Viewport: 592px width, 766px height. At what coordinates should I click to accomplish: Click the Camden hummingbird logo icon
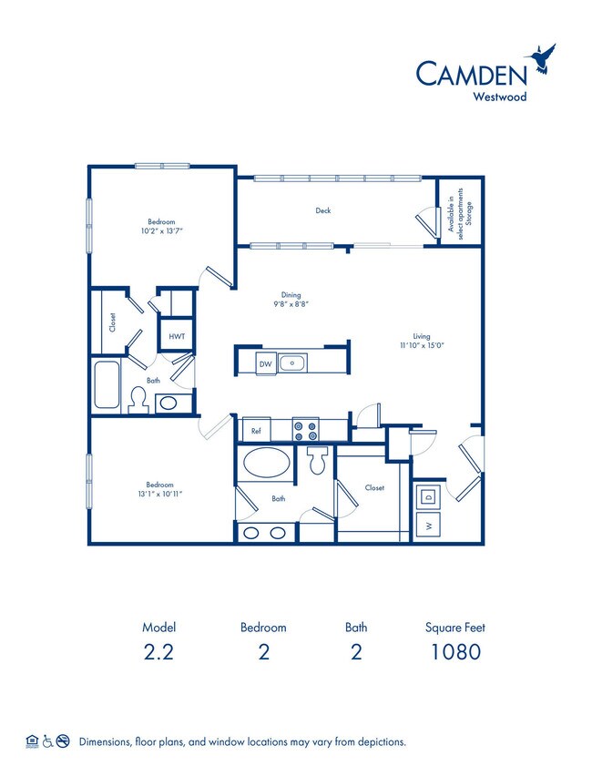coord(545,57)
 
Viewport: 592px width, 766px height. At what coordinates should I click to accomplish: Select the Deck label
coord(323,210)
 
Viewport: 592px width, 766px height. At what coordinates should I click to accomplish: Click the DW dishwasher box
coord(266,363)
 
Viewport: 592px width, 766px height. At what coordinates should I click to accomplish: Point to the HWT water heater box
coord(176,335)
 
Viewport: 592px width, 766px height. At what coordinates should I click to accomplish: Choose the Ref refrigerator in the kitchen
coord(256,429)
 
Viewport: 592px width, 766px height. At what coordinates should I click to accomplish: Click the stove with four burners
coord(305,427)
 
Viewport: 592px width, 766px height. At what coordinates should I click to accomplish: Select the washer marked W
coord(426,526)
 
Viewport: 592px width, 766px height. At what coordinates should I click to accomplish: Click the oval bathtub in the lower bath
coord(269,463)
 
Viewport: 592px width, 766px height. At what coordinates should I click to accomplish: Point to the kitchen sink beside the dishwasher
coord(293,363)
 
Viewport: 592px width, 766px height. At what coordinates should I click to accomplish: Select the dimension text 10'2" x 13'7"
coord(161,230)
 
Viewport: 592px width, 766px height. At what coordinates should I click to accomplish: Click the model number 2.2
coord(158,651)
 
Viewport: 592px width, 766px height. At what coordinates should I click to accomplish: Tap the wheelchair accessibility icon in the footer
coord(47,741)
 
